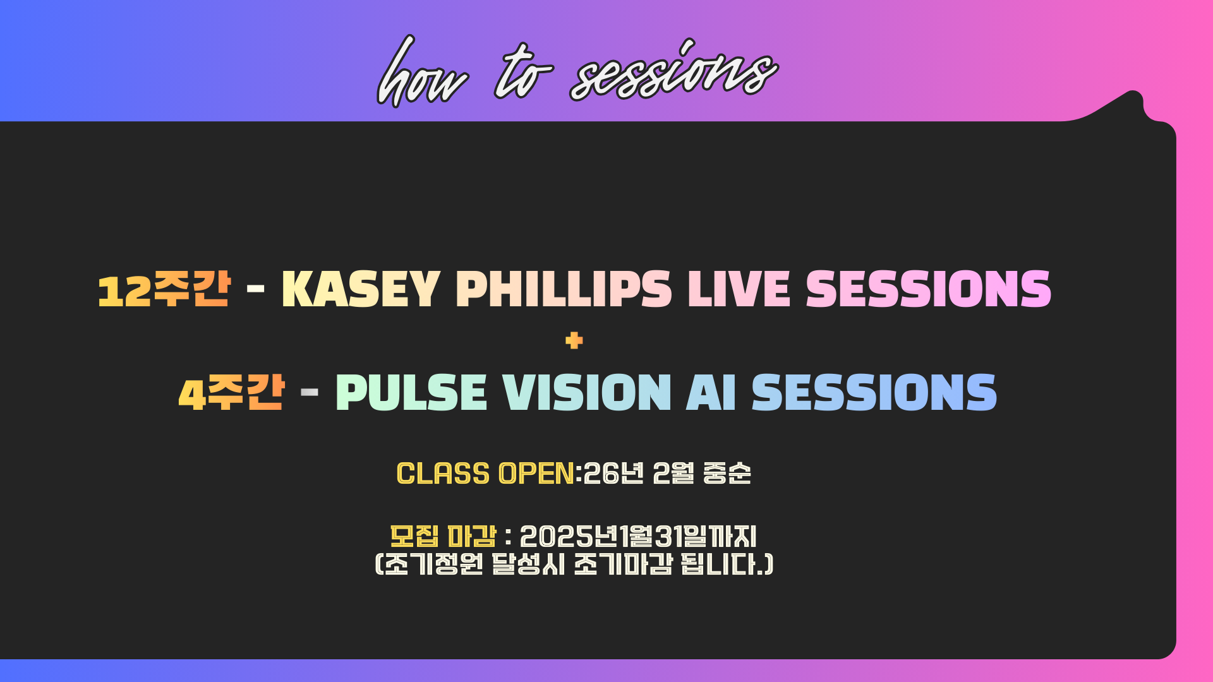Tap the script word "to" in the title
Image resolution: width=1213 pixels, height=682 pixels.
(523, 71)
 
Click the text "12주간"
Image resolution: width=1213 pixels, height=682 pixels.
(164, 290)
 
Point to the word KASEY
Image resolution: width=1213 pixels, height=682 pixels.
(361, 289)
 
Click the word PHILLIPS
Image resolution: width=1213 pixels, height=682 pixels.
(564, 289)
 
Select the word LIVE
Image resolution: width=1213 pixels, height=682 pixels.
(739, 289)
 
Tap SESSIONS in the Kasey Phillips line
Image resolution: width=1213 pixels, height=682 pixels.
(929, 289)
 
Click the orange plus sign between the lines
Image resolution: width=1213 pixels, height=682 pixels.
(574, 341)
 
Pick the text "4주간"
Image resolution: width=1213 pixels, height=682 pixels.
(231, 393)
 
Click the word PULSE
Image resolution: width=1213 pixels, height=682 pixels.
(411, 393)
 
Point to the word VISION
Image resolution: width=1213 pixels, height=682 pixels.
(586, 393)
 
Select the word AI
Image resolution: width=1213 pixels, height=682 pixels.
(711, 393)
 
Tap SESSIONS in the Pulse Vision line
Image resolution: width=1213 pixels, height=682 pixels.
(874, 393)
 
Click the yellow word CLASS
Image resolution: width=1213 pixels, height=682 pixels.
(443, 474)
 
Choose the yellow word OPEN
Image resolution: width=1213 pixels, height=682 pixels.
(536, 474)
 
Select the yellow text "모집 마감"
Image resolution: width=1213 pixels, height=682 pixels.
(443, 537)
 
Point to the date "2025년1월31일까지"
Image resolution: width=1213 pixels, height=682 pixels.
(638, 537)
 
